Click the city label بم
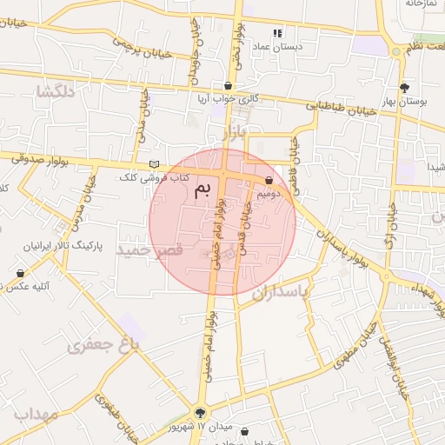coord(202,189)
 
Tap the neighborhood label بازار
coord(234,133)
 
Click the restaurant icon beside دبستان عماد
coord(277,34)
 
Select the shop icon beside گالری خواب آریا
coord(229,86)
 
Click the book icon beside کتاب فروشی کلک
coord(154,164)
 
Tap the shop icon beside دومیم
coord(269,181)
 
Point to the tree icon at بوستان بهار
coord(405,87)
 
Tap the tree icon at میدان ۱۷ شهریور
coord(202,414)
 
